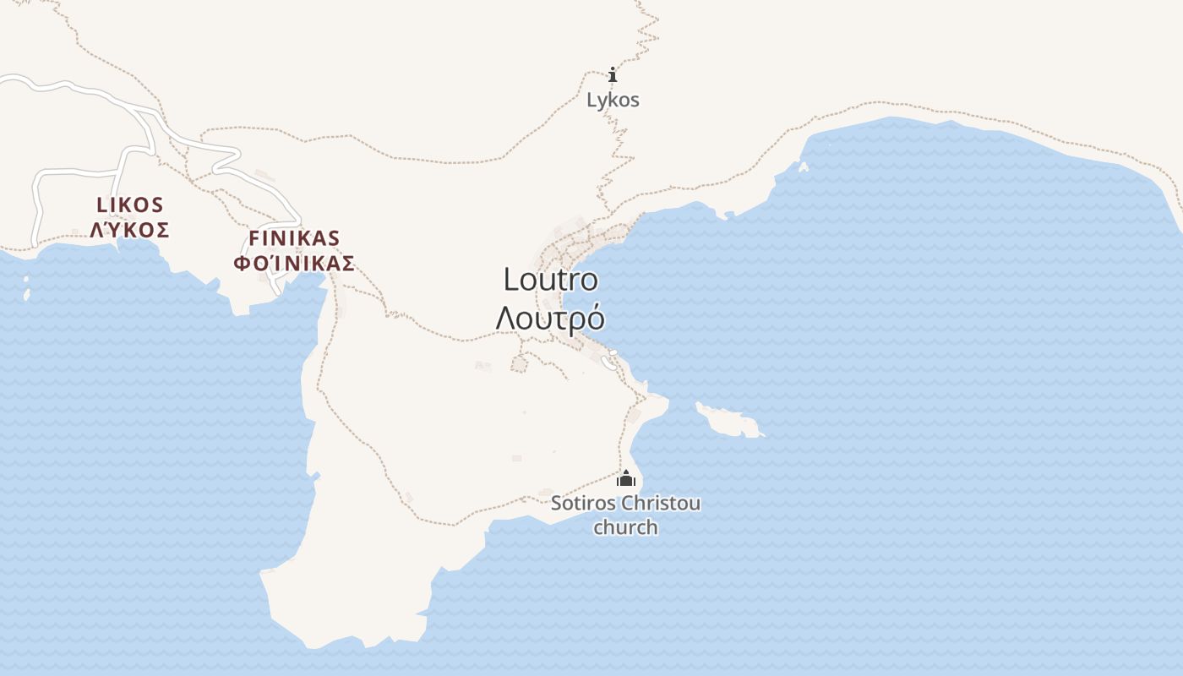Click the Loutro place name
[x=550, y=280]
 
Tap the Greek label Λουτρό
[x=550, y=319]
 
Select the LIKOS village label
[x=130, y=204]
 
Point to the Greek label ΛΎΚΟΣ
[x=130, y=230]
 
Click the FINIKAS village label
[x=294, y=237]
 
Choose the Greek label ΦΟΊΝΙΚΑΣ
[x=294, y=263]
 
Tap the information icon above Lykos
[x=613, y=75]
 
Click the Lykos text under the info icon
[x=613, y=100]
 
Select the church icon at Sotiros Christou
[x=625, y=479]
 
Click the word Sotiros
[x=583, y=504]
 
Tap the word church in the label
[x=625, y=527]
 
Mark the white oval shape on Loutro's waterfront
[x=607, y=362]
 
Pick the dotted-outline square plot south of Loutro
[x=519, y=363]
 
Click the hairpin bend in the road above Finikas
[x=237, y=154]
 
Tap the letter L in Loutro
[x=511, y=280]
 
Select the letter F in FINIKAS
[x=253, y=237]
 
